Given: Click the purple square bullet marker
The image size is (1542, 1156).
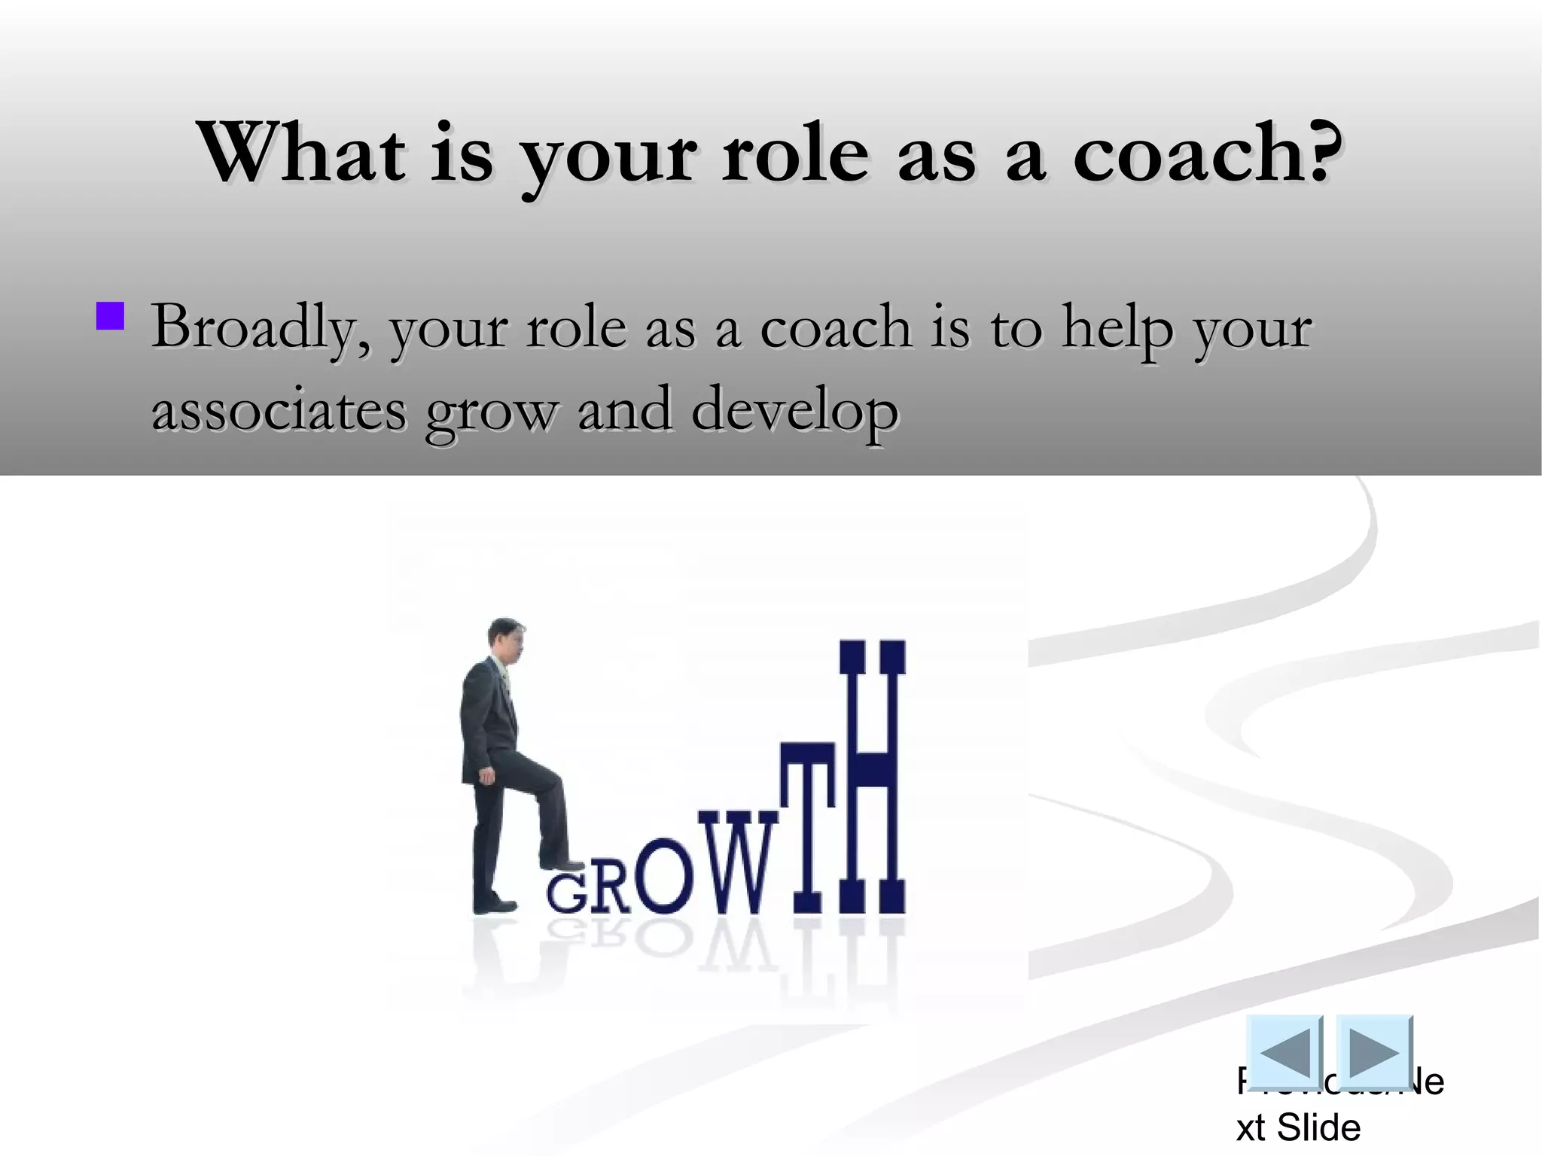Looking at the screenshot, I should [110, 316].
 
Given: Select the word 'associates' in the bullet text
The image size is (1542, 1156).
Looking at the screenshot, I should [279, 411].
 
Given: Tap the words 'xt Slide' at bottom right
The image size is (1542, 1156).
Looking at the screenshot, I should [1299, 1127].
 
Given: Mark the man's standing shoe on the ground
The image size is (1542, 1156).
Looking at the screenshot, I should [495, 904].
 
